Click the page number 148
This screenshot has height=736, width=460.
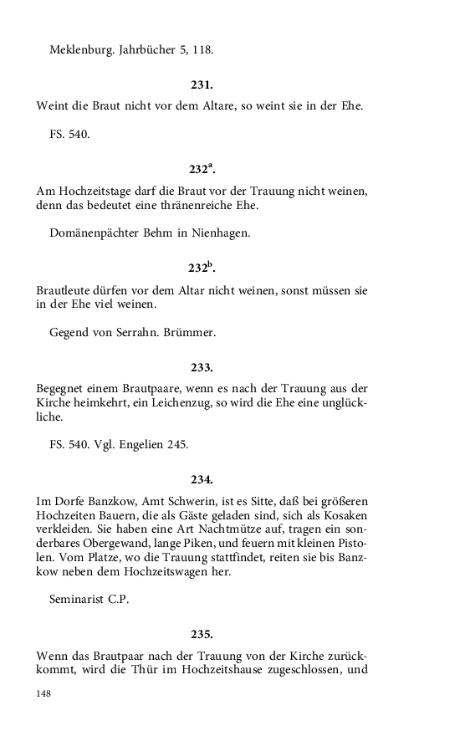43,693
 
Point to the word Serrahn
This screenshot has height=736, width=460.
134,332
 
